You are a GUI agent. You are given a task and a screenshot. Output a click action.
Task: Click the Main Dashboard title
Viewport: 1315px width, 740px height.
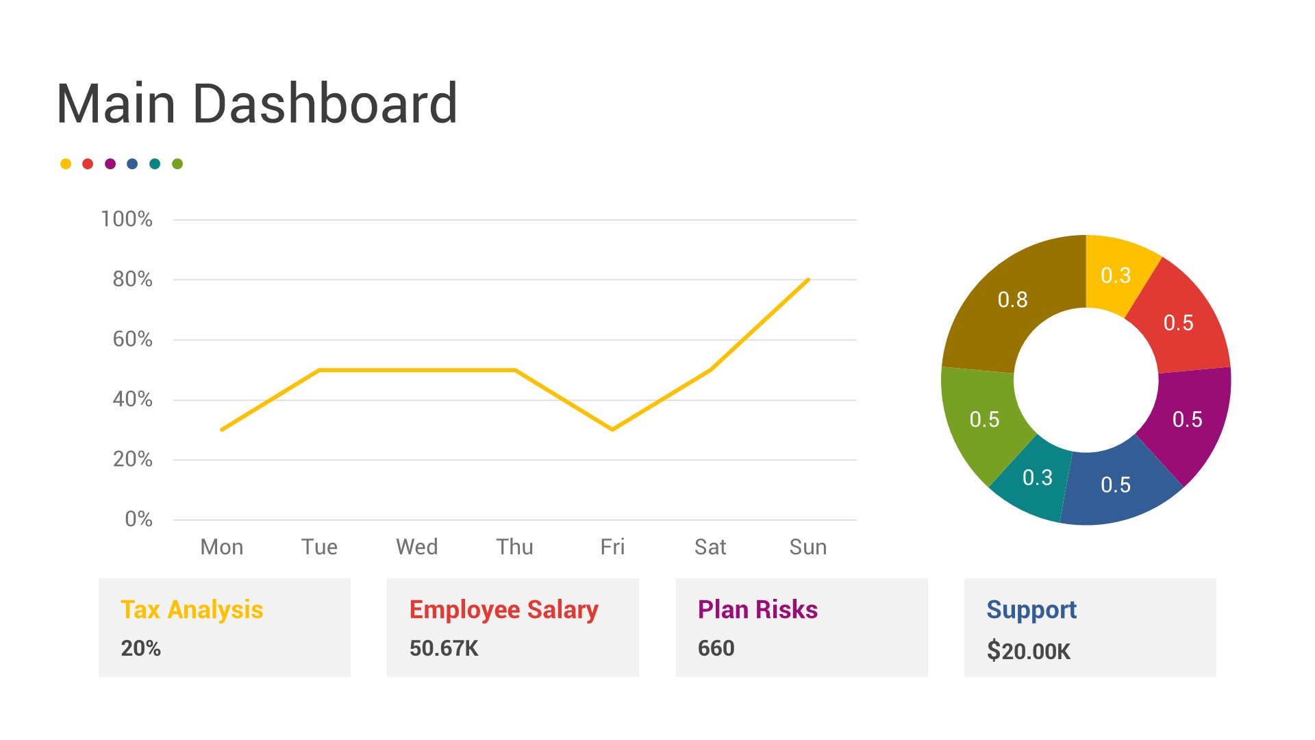(257, 104)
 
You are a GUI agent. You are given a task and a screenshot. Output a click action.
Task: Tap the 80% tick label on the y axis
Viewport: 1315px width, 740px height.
(132, 279)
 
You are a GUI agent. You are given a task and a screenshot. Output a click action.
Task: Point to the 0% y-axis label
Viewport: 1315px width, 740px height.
(138, 519)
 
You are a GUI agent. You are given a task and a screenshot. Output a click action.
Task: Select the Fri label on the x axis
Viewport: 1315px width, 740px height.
(612, 547)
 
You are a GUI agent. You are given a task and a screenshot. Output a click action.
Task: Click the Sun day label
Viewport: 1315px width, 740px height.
(807, 547)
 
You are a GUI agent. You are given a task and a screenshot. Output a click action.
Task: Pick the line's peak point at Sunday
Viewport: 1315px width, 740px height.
(808, 280)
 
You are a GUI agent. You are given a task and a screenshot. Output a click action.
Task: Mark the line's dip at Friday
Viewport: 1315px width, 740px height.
(612, 430)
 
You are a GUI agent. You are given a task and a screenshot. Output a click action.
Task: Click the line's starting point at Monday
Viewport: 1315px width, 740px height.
(222, 430)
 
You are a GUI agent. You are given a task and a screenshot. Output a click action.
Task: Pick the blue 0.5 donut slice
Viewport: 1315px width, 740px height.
(1115, 485)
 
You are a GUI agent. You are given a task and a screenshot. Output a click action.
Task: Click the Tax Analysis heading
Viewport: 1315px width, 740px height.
(192, 609)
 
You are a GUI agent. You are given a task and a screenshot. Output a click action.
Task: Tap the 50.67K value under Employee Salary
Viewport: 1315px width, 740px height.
(444, 648)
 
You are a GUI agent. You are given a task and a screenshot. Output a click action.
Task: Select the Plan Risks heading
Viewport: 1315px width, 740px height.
(757, 609)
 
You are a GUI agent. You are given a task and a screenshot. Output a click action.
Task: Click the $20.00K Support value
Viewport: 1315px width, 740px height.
(1028, 651)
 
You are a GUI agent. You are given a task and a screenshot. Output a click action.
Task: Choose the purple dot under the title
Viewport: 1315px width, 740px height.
(110, 164)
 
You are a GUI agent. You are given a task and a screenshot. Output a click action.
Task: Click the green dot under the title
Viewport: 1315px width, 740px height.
(177, 164)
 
